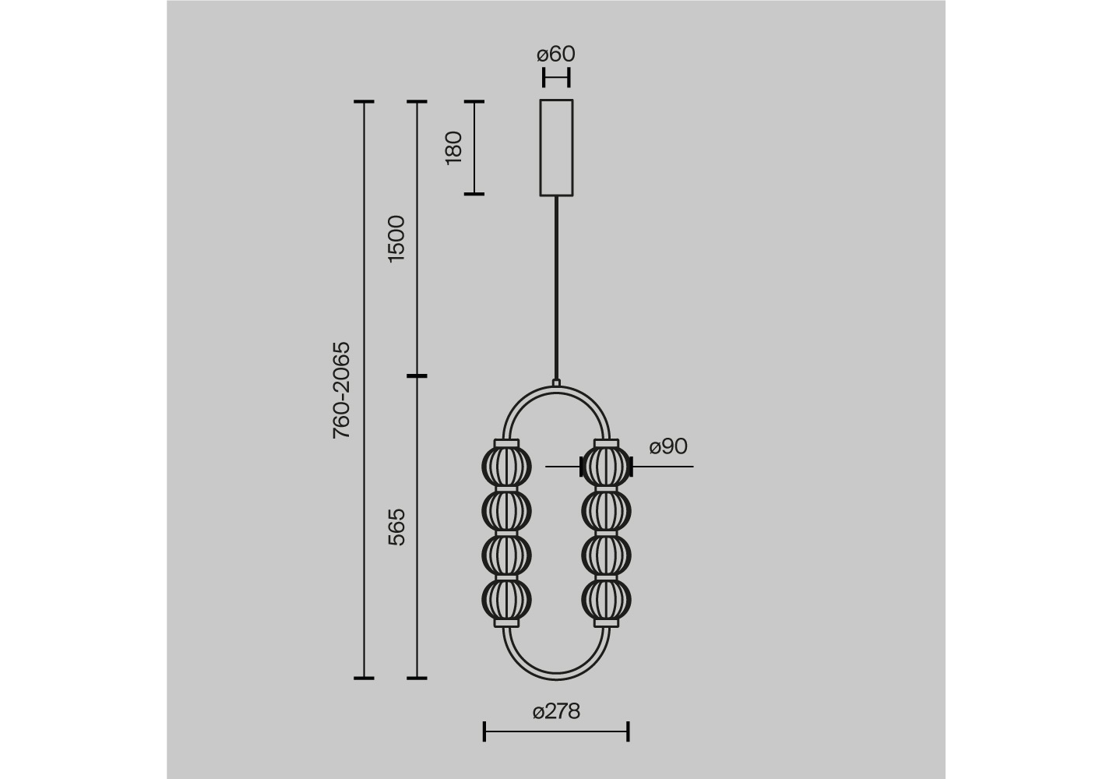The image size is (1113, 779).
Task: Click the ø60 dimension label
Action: tap(556, 55)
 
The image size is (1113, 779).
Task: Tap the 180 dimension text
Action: tap(453, 148)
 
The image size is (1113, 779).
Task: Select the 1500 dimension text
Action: tap(396, 239)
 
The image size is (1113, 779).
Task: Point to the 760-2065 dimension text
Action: tap(341, 390)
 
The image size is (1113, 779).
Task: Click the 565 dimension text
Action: tap(396, 527)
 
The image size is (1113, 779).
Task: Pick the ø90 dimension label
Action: tap(668, 446)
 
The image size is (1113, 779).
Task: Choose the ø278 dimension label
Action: tap(556, 712)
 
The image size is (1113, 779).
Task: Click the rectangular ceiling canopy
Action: tap(556, 147)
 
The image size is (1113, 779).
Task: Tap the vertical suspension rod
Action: tap(556, 289)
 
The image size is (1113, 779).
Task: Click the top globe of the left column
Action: tap(506, 467)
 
